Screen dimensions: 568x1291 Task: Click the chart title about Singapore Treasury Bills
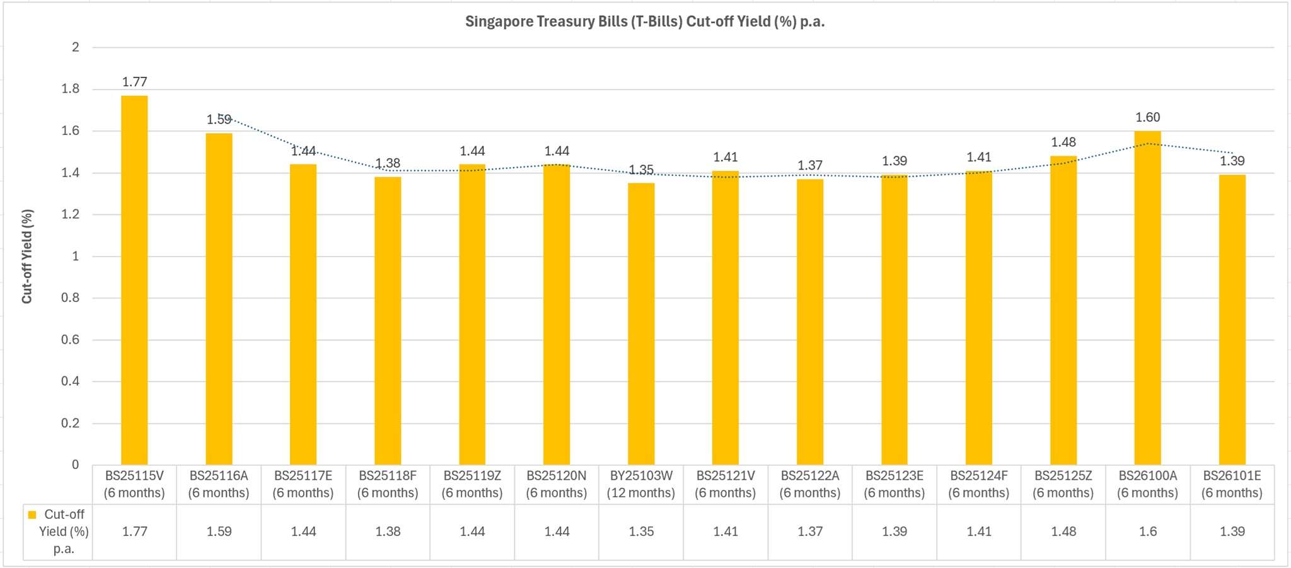645,21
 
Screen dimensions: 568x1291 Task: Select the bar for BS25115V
134,281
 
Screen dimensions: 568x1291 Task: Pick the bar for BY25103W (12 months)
641,324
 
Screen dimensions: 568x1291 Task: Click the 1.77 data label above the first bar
134,82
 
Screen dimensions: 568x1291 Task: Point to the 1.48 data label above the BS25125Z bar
1063,142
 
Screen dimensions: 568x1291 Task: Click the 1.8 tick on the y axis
71,89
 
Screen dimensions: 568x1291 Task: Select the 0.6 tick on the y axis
71,340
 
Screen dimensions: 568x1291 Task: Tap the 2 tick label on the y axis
76,47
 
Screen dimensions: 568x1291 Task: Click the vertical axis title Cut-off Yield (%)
27,256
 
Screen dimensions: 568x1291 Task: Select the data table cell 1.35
641,531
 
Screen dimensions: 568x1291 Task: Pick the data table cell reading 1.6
1147,531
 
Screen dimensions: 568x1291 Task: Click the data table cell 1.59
219,531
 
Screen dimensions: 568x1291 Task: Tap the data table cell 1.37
810,531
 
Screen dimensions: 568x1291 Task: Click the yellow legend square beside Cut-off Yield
32,515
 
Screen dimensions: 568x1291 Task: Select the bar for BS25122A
810,322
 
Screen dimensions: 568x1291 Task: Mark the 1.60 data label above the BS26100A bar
1147,117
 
